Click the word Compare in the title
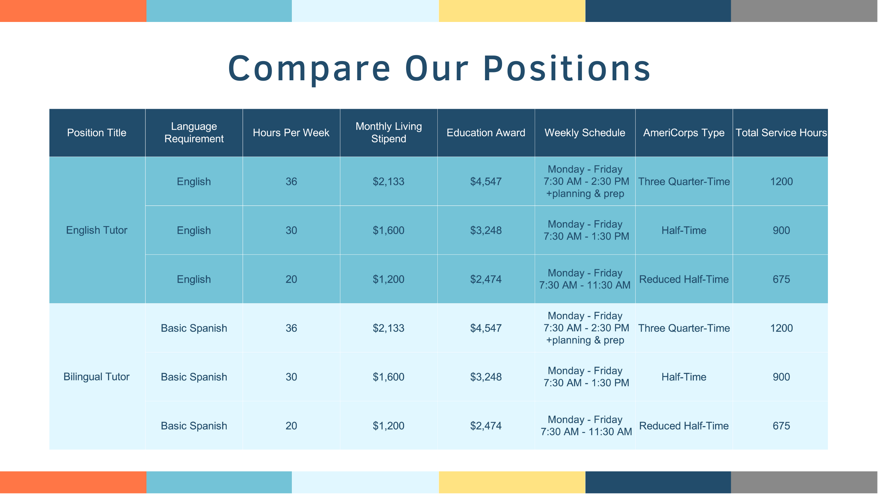309,69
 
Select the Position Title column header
97,133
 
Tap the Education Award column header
486,133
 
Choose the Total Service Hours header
781,133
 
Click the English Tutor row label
97,230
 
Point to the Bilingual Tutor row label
97,377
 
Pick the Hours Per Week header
291,133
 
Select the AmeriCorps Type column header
684,133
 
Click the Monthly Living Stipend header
389,132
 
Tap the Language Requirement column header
194,132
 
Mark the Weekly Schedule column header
585,133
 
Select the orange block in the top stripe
73,11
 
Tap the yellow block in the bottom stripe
512,483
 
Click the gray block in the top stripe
804,11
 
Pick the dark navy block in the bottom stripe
658,483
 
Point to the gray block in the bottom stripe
804,483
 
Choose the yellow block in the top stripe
512,11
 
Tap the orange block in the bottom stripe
73,483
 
